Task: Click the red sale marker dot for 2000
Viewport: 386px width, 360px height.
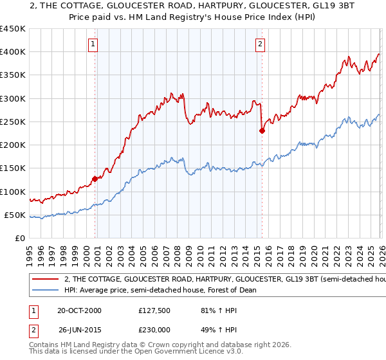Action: click(95, 179)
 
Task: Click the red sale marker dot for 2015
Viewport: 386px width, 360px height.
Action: click(262, 130)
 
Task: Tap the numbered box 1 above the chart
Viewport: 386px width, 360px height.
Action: click(93, 44)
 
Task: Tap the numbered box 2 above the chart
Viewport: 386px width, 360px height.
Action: click(260, 44)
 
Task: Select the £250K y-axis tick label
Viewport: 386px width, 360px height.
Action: click(13, 122)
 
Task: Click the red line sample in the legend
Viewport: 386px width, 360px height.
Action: click(45, 280)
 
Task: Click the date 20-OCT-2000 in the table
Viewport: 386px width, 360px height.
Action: click(79, 310)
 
